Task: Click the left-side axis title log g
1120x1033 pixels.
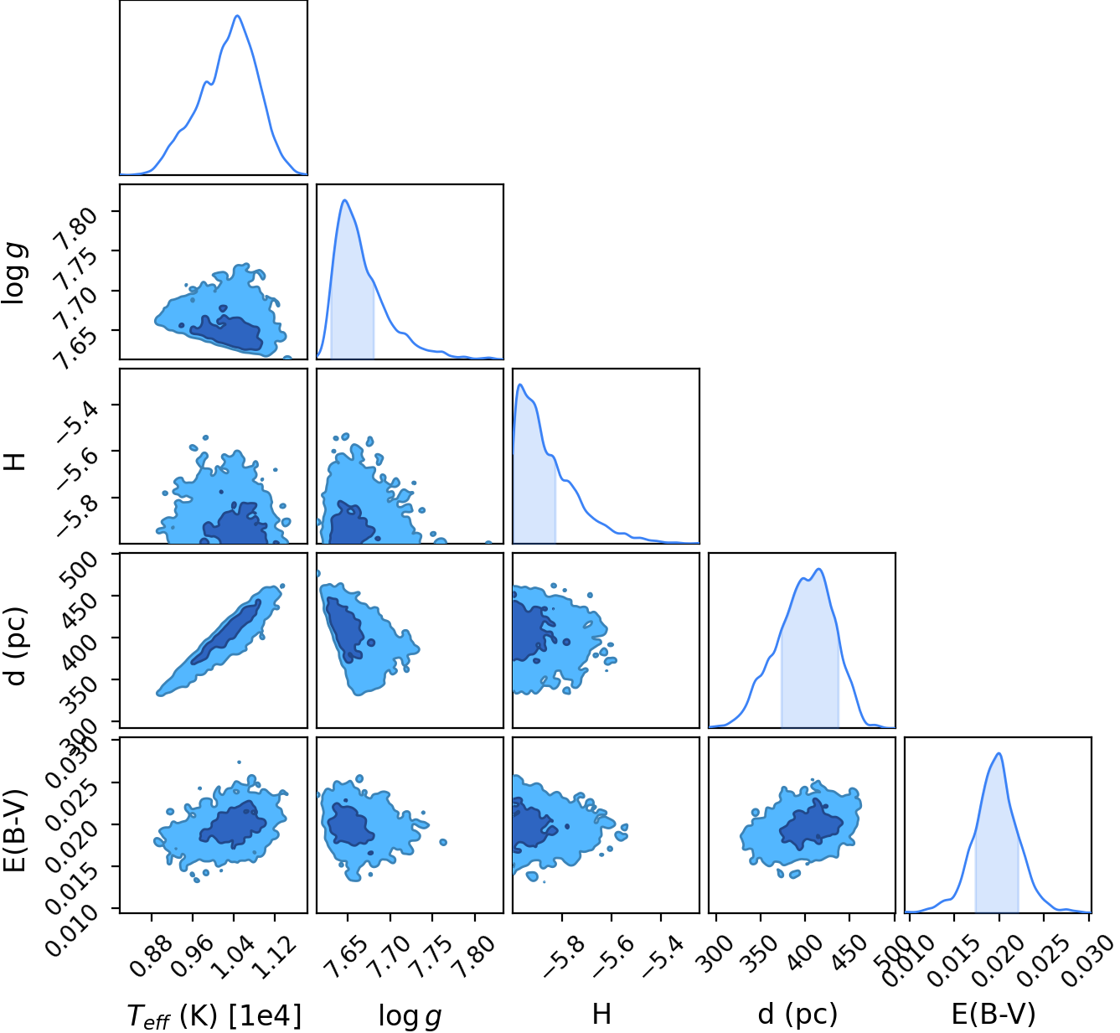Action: (x=13, y=273)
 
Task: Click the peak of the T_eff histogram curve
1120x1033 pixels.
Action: (x=237, y=15)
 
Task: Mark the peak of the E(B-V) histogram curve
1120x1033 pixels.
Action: (x=999, y=753)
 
